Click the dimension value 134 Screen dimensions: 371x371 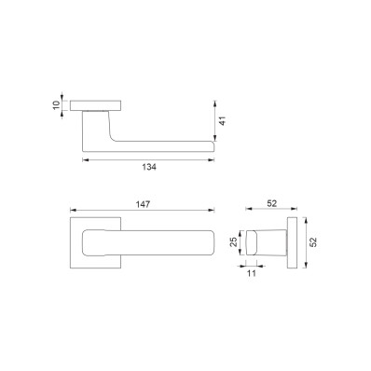(149, 167)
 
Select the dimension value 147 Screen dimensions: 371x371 (143, 204)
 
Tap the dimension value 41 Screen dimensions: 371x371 (222, 121)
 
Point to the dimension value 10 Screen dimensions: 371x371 (56, 105)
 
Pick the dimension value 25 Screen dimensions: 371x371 (234, 241)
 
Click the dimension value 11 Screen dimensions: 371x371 (252, 273)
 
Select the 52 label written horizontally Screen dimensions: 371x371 (271, 203)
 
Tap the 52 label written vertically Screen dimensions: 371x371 (314, 242)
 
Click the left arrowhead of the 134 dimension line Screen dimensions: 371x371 (86, 160)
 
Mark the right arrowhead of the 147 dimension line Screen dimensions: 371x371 (212, 211)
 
